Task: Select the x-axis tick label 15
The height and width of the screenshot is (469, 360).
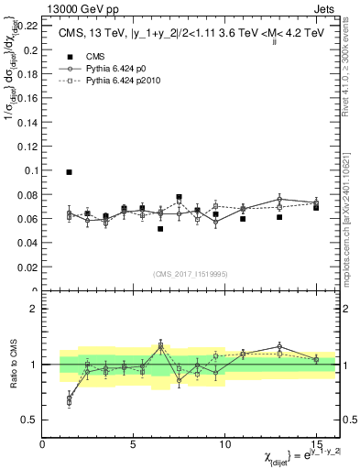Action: pyautogui.click(x=316, y=444)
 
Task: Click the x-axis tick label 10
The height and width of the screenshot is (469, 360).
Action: pyautogui.click(x=225, y=444)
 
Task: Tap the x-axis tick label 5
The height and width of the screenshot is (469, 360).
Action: pyautogui.click(x=134, y=444)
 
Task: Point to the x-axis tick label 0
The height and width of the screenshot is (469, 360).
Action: pyautogui.click(x=43, y=444)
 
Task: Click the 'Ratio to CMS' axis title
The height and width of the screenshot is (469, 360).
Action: pyautogui.click(x=12, y=365)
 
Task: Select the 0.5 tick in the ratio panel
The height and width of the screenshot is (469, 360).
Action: pyautogui.click(x=29, y=420)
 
